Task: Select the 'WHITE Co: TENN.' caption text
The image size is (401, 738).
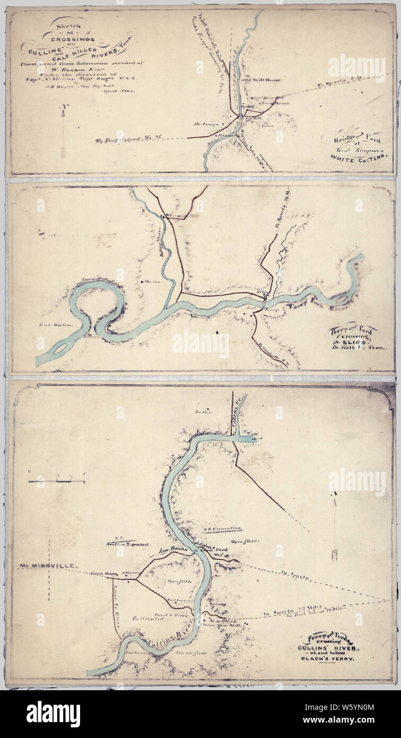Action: (x=359, y=157)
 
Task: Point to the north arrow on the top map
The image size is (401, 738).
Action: (x=63, y=130)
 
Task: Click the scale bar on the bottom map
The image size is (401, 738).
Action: (x=57, y=481)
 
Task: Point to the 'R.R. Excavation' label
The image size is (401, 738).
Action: (x=222, y=529)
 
